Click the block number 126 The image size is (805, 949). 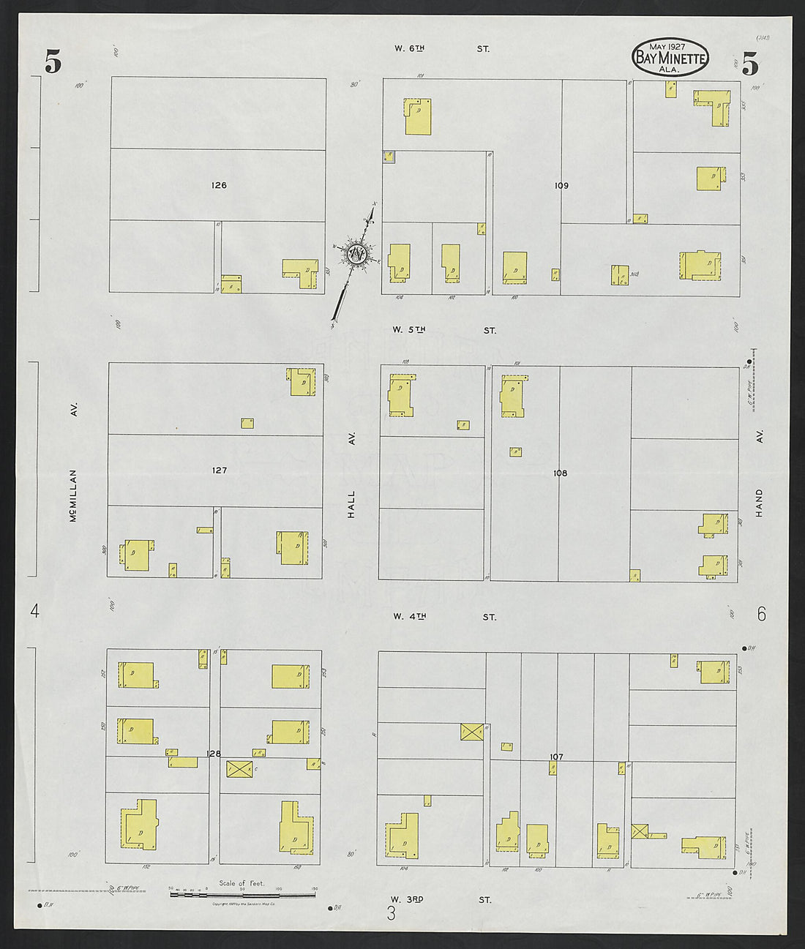(x=218, y=185)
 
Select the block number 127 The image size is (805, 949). (x=219, y=470)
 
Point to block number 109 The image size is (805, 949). (x=561, y=186)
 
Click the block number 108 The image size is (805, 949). (x=560, y=473)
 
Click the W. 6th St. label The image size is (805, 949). (x=441, y=49)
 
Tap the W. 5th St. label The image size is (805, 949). (x=443, y=330)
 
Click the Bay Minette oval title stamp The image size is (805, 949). (x=670, y=58)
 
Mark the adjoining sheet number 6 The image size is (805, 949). (x=761, y=614)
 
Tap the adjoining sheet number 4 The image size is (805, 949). (x=34, y=611)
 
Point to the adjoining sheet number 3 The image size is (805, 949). (x=392, y=913)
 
